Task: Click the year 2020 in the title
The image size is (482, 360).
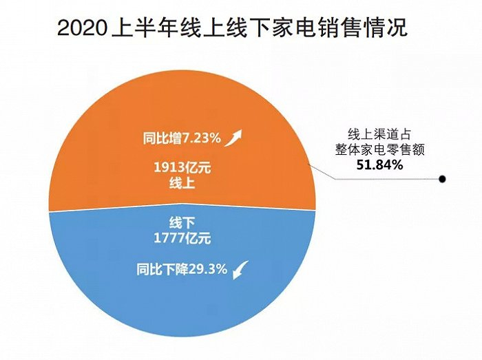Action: point(82,28)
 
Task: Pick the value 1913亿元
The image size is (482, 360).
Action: point(182,166)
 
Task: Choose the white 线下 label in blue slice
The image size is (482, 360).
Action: point(182,223)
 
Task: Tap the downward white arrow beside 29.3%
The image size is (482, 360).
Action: point(240,271)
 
